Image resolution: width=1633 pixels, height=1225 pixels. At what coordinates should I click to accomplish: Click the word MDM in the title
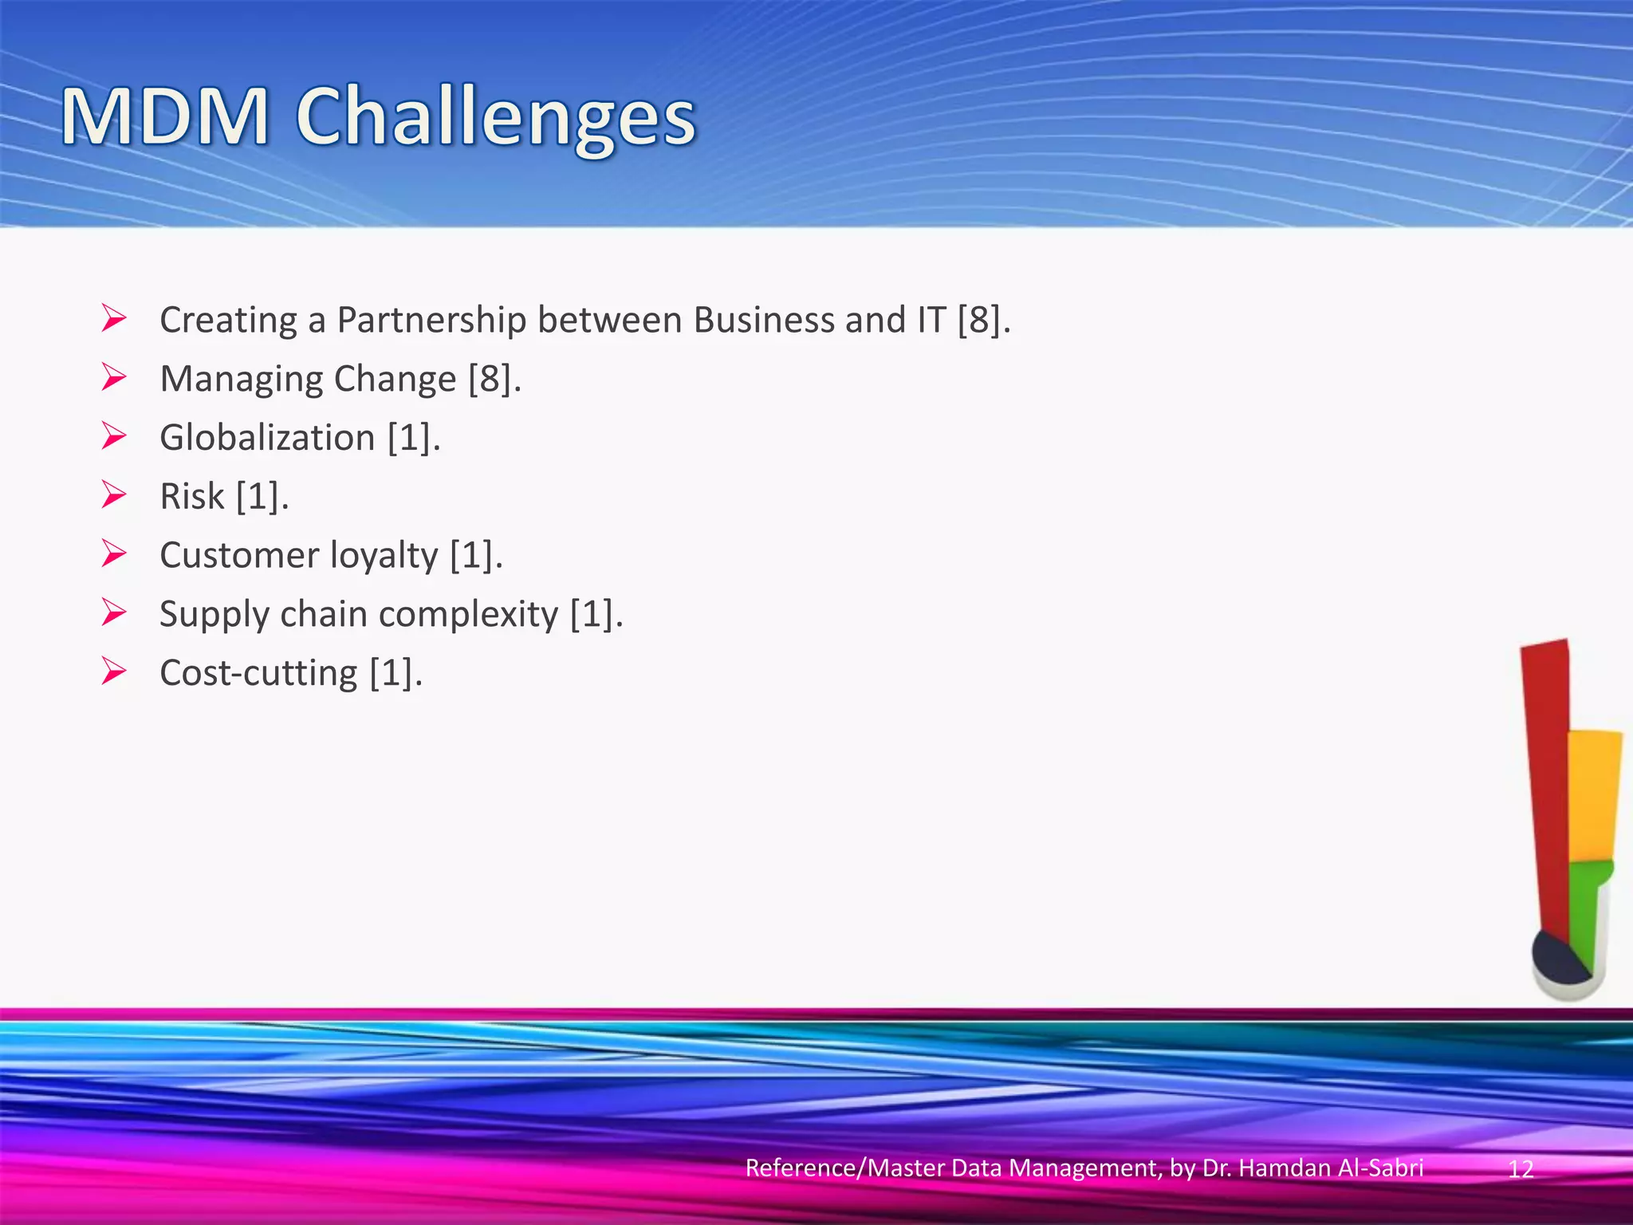(165, 118)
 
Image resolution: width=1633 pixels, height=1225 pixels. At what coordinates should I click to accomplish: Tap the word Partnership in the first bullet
(431, 320)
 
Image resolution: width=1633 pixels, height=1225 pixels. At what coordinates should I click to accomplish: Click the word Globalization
(267, 438)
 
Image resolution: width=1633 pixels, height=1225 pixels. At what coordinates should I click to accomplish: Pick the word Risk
(192, 496)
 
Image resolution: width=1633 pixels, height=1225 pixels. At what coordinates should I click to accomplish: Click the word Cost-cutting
(258, 673)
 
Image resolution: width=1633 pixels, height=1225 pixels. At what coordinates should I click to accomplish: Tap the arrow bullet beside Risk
(114, 495)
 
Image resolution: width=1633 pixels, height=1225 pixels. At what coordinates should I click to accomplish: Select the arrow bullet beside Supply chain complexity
(114, 613)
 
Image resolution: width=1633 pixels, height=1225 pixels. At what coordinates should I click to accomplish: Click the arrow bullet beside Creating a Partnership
(114, 319)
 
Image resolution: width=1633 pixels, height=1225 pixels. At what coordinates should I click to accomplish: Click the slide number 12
(1521, 1169)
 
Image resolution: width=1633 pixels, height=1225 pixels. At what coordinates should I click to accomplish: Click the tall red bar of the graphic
(1545, 782)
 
